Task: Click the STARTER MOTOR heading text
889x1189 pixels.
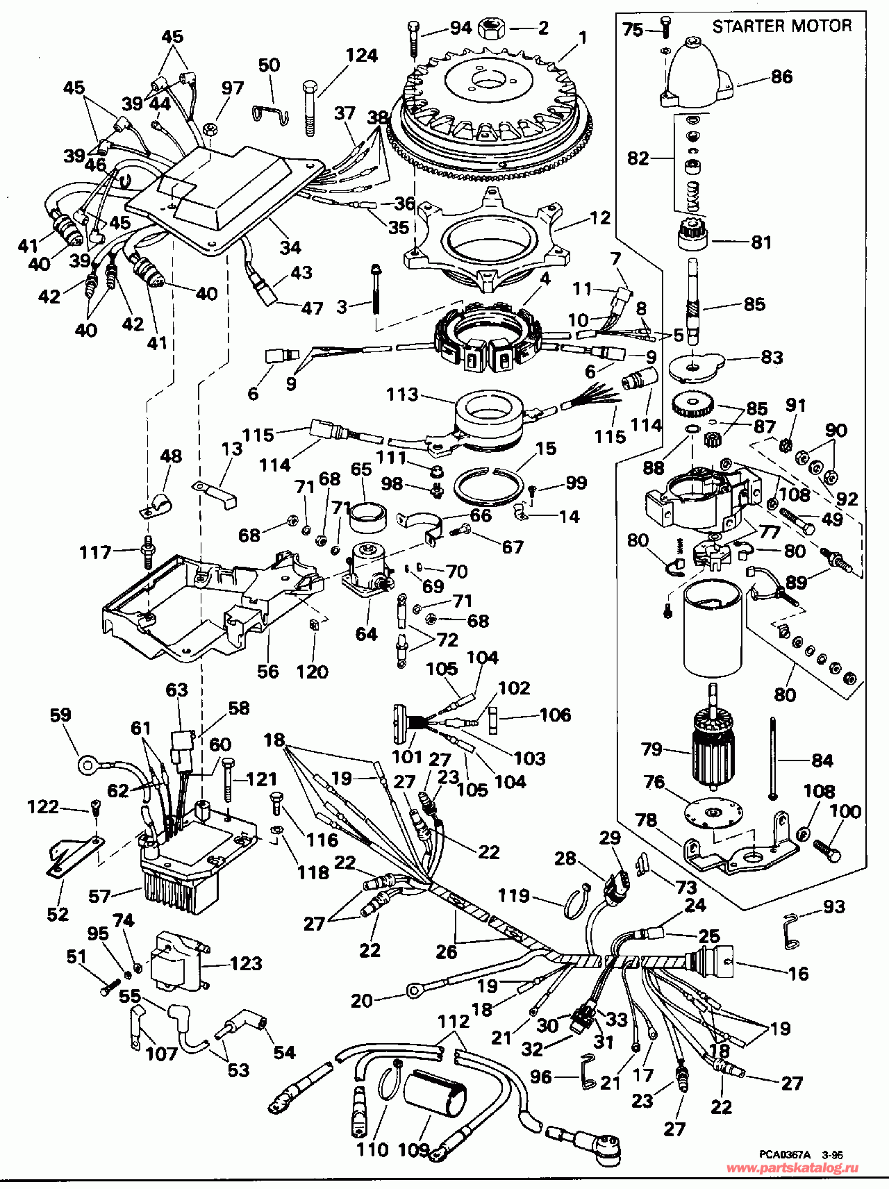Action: click(782, 26)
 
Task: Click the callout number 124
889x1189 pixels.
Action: click(362, 55)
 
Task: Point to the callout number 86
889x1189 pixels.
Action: click(781, 76)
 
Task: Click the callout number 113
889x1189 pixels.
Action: click(402, 394)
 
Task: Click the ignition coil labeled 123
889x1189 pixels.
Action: click(178, 961)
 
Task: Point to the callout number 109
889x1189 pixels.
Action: click(413, 1149)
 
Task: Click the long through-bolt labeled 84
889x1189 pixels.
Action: click(772, 757)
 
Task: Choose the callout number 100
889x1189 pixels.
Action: click(845, 811)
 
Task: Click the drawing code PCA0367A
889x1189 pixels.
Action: click(784, 1154)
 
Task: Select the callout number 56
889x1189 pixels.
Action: click(268, 671)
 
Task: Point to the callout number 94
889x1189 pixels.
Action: click(460, 28)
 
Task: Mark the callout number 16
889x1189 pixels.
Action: click(799, 974)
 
